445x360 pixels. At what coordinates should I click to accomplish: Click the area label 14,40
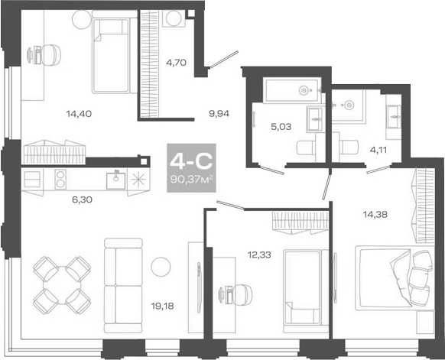(x=78, y=115)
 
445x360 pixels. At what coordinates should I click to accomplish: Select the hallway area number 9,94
(x=219, y=115)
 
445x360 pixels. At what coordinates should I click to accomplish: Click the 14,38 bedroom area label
(x=374, y=215)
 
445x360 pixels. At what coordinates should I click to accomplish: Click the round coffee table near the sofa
(x=161, y=265)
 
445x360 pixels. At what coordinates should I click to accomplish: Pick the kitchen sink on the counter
(x=115, y=180)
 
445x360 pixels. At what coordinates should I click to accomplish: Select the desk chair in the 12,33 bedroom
(x=235, y=292)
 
